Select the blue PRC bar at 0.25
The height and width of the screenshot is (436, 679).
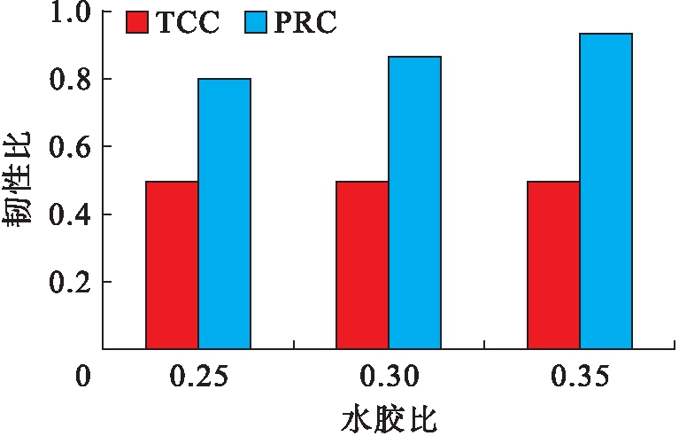[224, 214]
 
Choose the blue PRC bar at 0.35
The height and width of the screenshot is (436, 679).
[606, 191]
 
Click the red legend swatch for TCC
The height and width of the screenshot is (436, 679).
[138, 23]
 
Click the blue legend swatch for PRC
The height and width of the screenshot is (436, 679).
[254, 23]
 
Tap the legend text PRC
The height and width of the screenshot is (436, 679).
[305, 23]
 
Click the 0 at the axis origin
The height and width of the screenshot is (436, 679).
[82, 377]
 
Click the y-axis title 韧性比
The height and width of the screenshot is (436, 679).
[21, 181]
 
